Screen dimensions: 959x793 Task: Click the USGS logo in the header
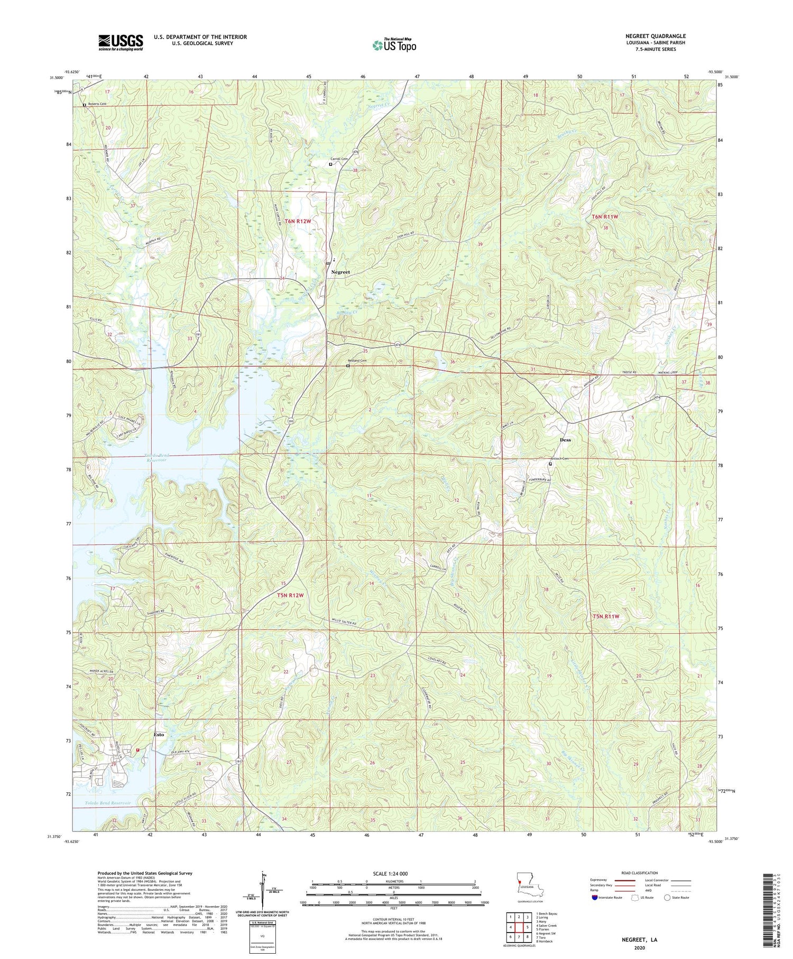[121, 42]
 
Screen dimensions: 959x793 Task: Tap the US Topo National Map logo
[394, 45]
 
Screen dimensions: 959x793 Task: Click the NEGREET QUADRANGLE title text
[655, 36]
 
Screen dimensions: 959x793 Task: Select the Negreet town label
[340, 272]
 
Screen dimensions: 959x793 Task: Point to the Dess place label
[565, 440]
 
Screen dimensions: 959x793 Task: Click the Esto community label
[159, 735]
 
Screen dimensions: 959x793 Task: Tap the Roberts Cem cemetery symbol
[85, 105]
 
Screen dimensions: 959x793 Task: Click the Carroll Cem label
[339, 159]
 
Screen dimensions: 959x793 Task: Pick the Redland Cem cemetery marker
[347, 366]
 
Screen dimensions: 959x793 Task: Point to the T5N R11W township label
[605, 616]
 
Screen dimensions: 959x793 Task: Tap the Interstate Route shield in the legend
[595, 897]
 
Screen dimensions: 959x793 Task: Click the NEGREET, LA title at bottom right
[639, 940]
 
